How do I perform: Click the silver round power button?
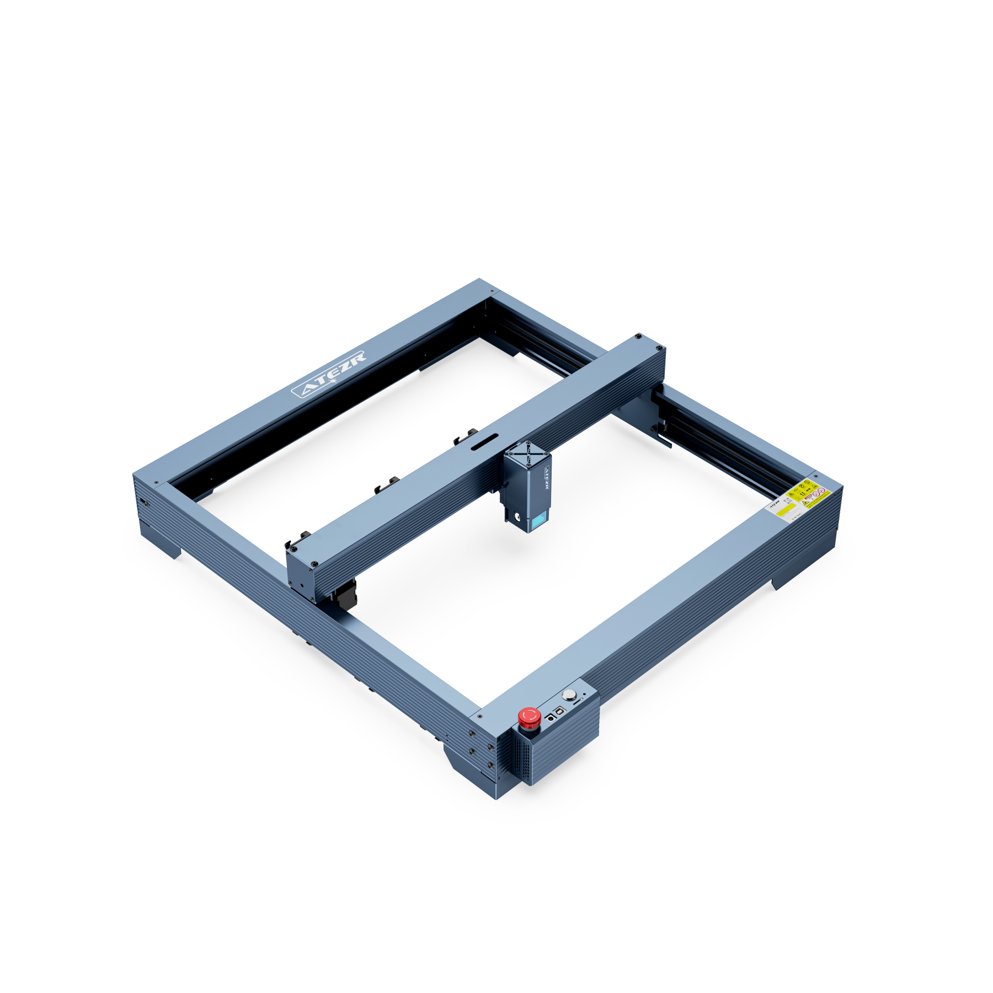569,695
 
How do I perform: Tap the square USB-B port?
560,711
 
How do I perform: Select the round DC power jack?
551,719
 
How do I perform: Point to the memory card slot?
578,702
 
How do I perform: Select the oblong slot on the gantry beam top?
484,441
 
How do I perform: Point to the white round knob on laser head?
517,517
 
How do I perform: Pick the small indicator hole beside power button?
584,694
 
